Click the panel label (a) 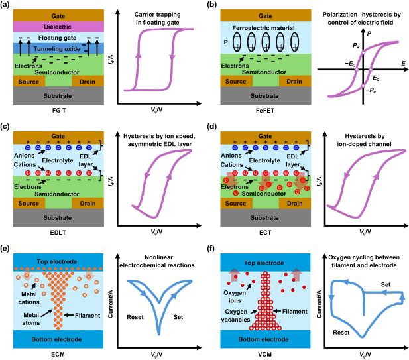coord(9,5)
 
